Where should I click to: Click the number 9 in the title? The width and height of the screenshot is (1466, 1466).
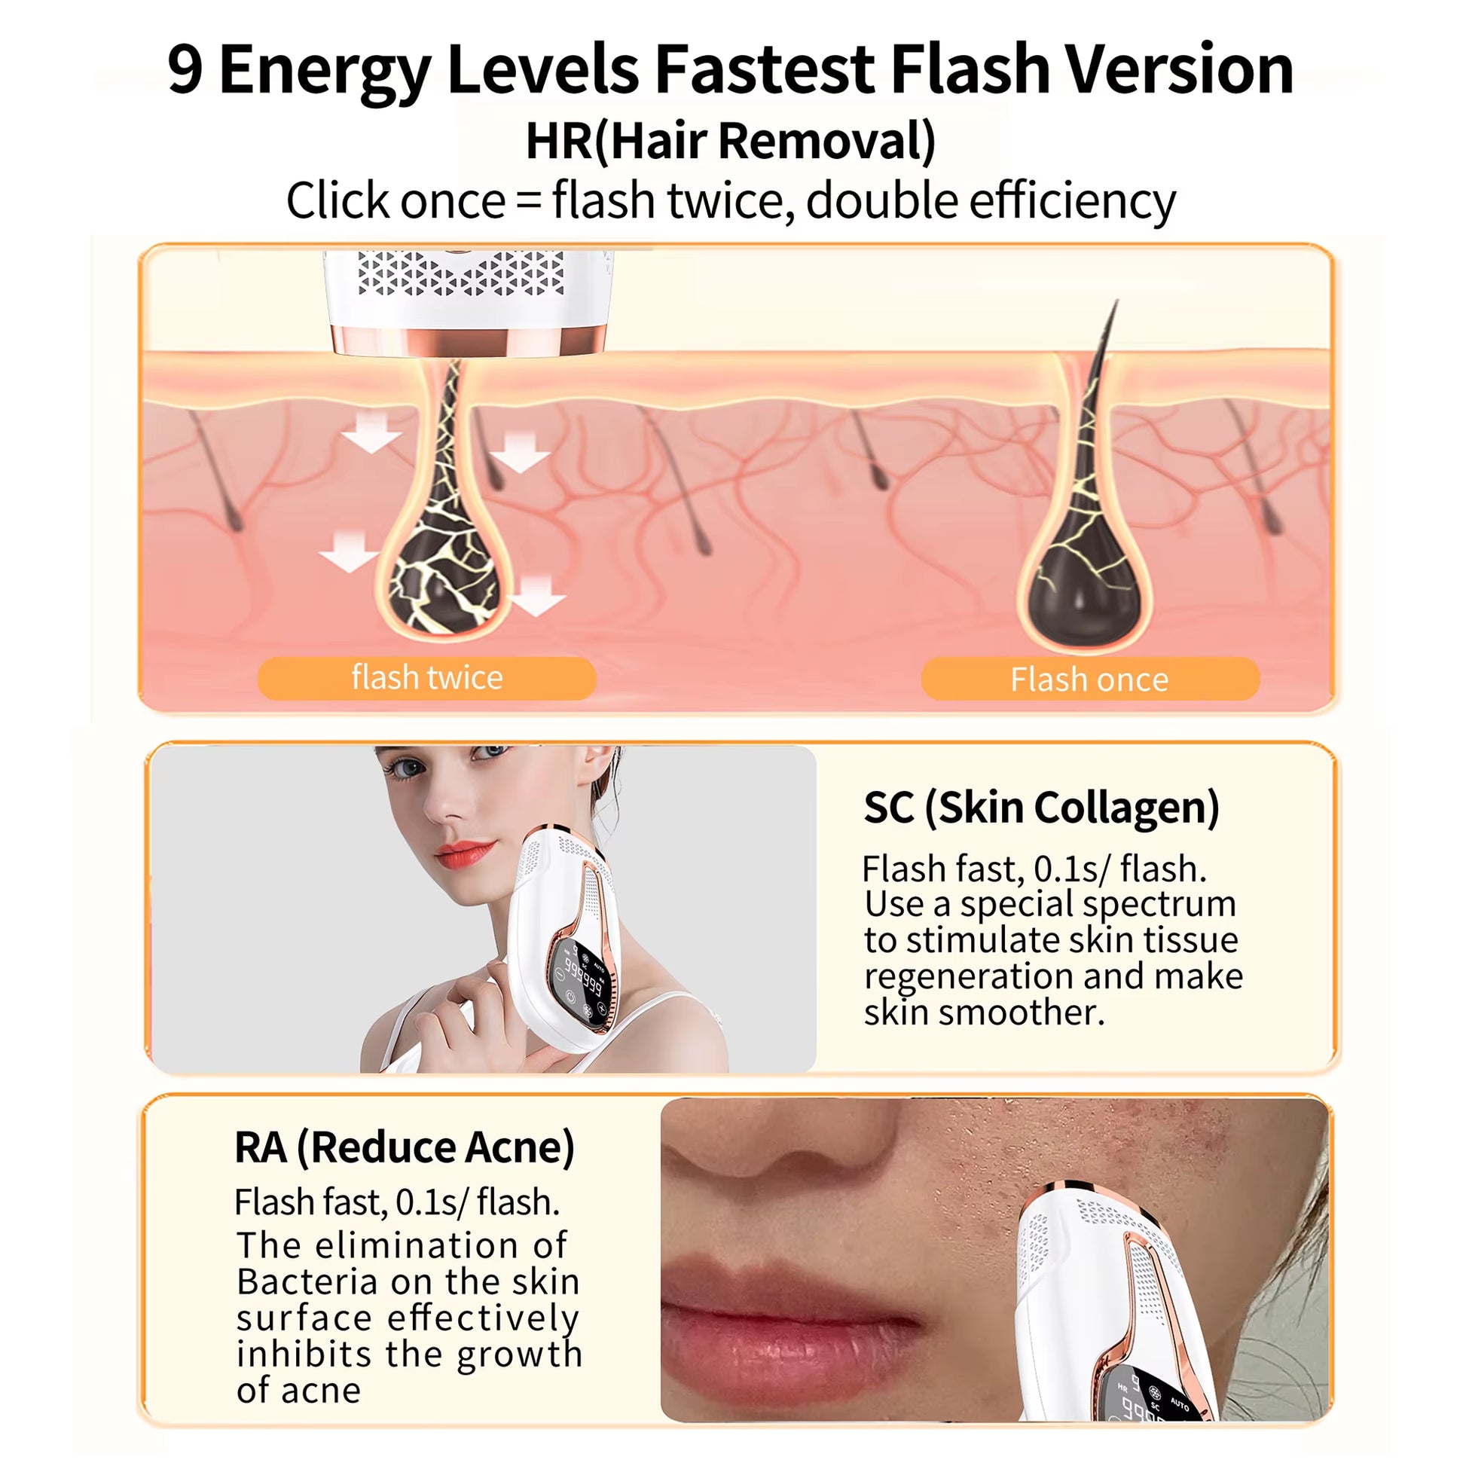(186, 70)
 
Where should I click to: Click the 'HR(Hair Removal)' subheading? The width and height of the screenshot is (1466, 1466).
(731, 140)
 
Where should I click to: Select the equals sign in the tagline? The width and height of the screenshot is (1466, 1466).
(529, 202)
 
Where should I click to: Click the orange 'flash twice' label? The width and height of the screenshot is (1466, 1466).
(426, 677)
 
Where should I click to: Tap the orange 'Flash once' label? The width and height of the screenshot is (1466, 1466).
(1089, 679)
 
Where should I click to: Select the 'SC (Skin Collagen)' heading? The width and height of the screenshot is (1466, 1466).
(1041, 808)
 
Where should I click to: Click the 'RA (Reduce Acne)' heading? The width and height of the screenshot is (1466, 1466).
(405, 1147)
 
